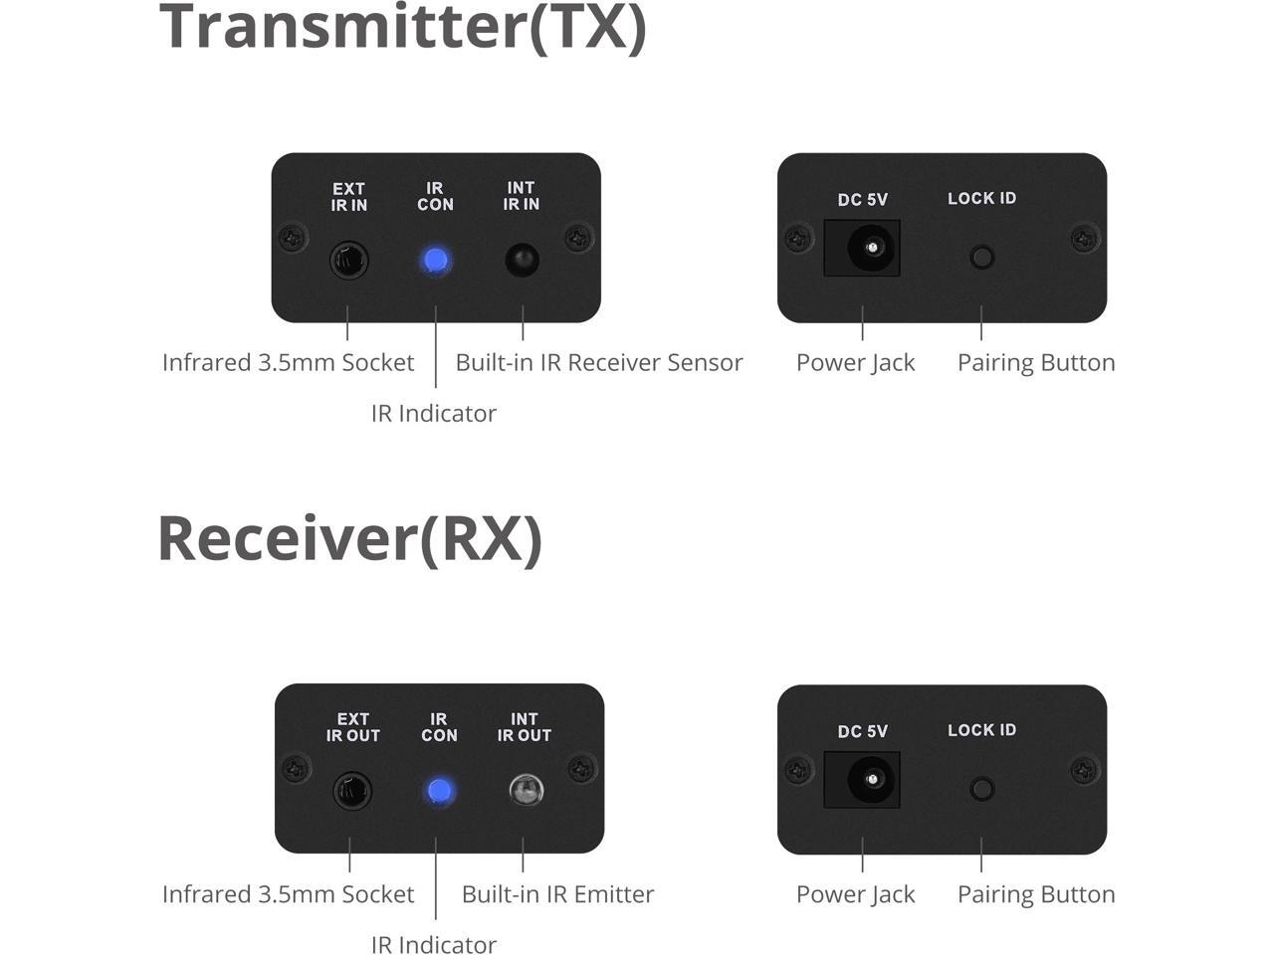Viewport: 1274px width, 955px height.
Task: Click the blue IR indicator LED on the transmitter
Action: pos(435,261)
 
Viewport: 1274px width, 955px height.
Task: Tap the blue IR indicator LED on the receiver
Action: pos(439,792)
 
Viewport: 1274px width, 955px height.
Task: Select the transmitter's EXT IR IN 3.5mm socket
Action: pos(348,261)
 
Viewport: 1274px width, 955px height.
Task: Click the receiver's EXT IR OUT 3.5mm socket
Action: pos(352,792)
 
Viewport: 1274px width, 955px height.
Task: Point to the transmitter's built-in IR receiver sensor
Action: pos(523,261)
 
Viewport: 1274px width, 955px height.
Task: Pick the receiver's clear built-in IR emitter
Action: pos(526,791)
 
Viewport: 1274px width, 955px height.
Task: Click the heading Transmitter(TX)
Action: pos(403,27)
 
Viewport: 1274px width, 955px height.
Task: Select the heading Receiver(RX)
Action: pos(349,538)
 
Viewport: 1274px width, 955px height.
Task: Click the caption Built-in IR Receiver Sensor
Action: pos(598,363)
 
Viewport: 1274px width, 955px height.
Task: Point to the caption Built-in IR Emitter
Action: pos(557,894)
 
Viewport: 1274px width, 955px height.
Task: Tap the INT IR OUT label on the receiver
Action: pos(525,727)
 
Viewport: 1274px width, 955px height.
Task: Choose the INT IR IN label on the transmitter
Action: pos(522,196)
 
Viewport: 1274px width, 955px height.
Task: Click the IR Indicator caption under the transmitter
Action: pos(433,414)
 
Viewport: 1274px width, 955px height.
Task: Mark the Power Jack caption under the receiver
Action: pos(855,894)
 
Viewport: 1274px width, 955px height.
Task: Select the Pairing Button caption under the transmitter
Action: pos(1036,363)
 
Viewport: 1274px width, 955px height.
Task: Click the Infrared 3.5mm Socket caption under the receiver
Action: pos(288,894)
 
